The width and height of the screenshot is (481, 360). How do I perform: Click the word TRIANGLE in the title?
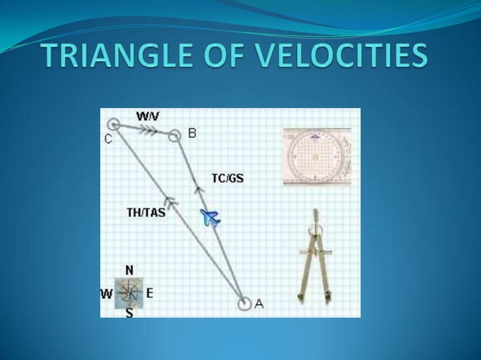coord(125,56)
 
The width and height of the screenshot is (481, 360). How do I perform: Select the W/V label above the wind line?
coord(148,117)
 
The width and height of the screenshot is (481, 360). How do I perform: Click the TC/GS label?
coord(227,178)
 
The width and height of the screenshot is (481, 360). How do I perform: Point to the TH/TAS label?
coord(146,213)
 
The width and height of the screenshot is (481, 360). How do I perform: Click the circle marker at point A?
coord(244,304)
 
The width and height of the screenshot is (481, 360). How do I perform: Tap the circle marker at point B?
coord(174,136)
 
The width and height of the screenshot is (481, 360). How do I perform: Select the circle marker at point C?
coord(113,124)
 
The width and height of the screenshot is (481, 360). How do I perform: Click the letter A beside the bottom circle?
coord(259,304)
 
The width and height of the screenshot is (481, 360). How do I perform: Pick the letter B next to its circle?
coord(191,133)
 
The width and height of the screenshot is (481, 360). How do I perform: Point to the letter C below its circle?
coord(108,139)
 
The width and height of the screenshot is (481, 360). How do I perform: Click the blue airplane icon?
coord(210,218)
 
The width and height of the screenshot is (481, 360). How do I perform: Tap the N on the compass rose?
coord(129,270)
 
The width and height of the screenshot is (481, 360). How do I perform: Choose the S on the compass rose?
coord(129,313)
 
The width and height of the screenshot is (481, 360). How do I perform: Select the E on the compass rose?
coord(149,293)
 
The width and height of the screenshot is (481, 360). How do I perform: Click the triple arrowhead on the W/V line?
coord(149,130)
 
